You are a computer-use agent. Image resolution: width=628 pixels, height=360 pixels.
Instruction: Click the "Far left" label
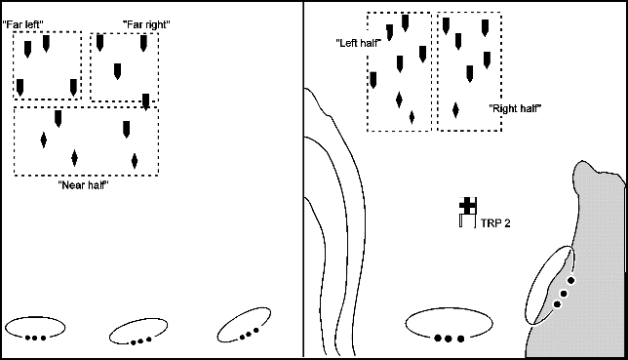point(22,24)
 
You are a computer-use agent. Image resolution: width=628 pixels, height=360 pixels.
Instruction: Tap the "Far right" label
point(146,24)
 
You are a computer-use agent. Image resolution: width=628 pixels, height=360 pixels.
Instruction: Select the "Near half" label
point(83,185)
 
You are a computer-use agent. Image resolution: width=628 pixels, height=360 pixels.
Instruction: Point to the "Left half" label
point(359,43)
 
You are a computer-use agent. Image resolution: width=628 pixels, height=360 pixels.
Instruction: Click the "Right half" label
point(516,108)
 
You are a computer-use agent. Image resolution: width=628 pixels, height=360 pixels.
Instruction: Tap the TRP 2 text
point(495,223)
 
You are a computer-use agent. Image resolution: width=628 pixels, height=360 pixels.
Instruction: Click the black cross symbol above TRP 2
point(468,206)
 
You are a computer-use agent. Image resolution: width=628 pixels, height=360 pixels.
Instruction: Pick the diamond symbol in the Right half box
point(455,110)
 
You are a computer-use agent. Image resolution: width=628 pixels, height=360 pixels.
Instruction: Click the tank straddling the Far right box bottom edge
point(146,102)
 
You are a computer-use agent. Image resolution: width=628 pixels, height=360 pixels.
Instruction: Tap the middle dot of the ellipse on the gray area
point(564,294)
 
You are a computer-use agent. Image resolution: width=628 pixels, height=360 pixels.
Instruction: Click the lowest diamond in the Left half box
point(412,117)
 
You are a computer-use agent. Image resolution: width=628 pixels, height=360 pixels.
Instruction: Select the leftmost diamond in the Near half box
point(44,140)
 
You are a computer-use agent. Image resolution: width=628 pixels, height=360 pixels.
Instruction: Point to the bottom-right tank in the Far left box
point(73,88)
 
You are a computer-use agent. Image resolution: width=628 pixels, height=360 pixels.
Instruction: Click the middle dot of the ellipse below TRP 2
point(449,339)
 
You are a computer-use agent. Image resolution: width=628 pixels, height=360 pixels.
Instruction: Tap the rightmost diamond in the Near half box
point(135,161)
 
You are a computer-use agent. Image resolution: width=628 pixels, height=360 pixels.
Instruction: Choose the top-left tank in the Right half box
point(447,26)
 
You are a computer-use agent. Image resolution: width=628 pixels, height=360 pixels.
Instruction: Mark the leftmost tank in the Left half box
point(373,80)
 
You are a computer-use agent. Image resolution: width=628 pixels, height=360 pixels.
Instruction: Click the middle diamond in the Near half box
point(74,157)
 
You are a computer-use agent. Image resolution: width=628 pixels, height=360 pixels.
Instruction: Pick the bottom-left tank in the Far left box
point(20,88)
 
